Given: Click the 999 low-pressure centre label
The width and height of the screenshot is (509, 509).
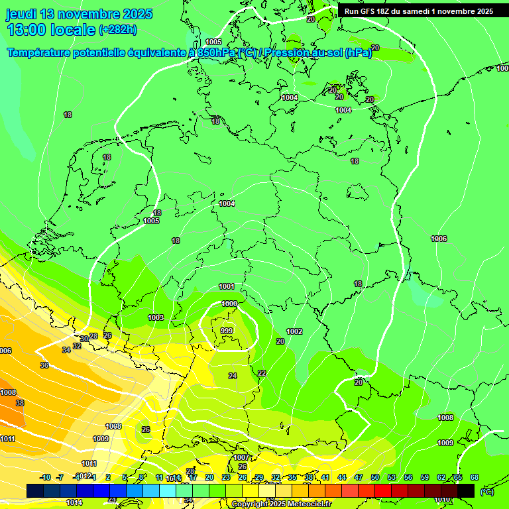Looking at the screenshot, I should click(x=227, y=330).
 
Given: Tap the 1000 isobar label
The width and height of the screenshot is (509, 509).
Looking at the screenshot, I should click(x=229, y=304).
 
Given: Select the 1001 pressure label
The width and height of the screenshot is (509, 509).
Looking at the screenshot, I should click(x=227, y=286).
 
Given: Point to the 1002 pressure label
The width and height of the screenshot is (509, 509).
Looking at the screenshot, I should click(x=294, y=331).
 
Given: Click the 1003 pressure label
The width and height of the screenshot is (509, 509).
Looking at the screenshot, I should click(x=156, y=317).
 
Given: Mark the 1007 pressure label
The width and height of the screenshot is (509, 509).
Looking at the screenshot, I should click(x=241, y=457).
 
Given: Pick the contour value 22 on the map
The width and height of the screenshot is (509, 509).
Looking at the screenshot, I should click(x=262, y=373).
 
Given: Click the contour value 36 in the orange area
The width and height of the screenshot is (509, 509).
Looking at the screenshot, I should click(x=44, y=365).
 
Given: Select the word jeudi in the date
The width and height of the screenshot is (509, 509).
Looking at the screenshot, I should click(x=22, y=14).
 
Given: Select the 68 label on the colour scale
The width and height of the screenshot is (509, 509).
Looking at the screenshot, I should click(x=475, y=477).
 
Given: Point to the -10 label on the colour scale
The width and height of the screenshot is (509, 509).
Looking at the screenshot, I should click(x=45, y=477).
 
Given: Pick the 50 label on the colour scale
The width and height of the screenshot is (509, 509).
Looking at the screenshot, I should click(x=375, y=477).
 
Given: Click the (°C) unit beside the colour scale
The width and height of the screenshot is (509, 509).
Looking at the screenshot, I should click(x=486, y=492).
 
